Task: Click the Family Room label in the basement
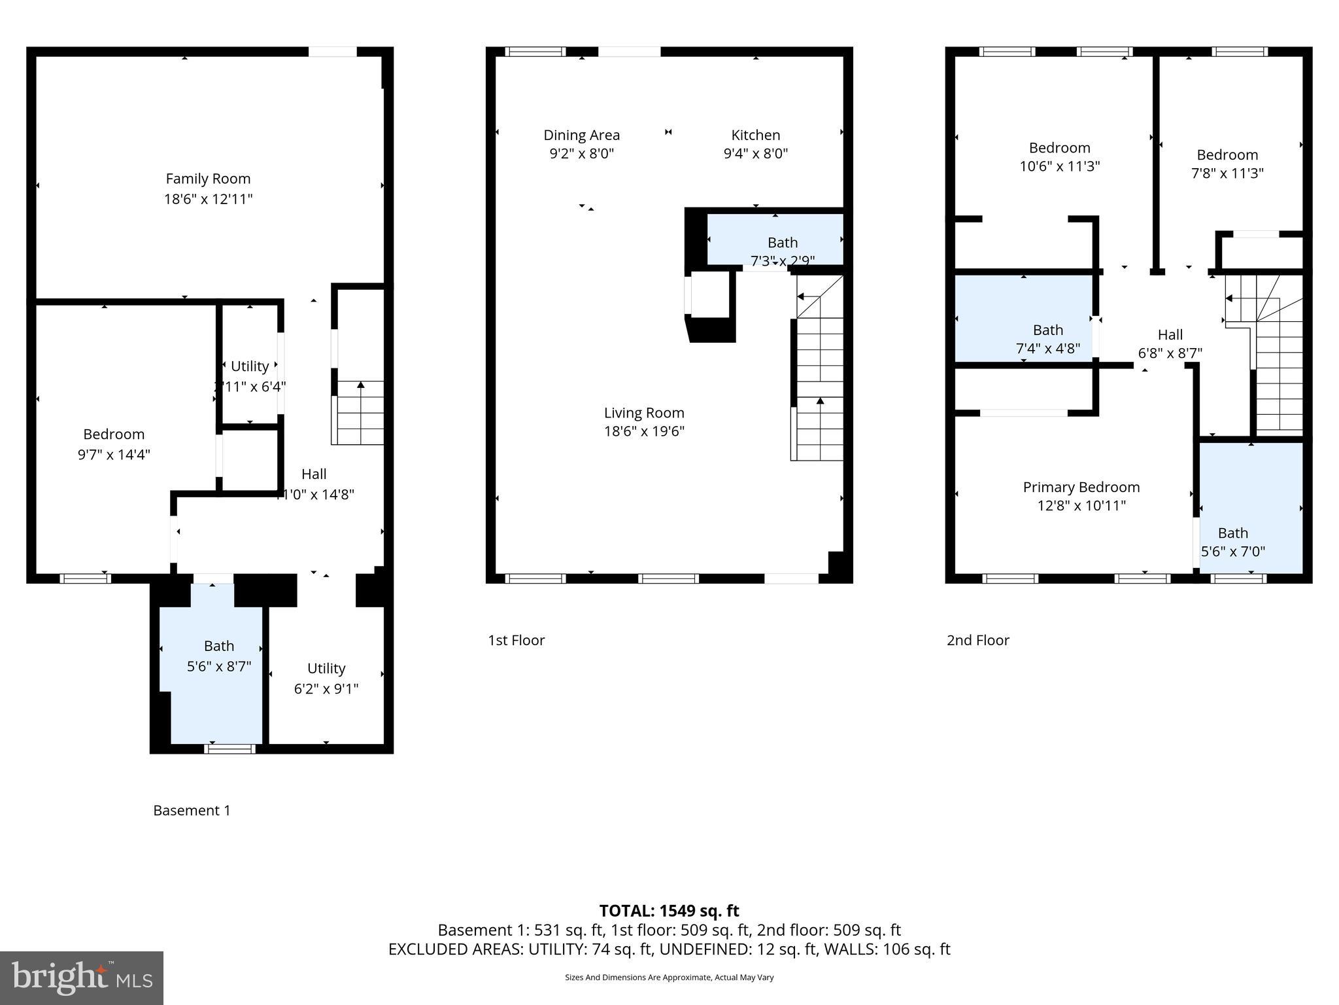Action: [x=208, y=179]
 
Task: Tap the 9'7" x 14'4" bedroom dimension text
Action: [x=114, y=454]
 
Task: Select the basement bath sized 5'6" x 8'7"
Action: [x=218, y=656]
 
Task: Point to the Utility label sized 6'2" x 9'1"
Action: [x=326, y=669]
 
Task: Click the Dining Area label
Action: [x=581, y=135]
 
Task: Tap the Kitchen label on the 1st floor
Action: [x=755, y=135]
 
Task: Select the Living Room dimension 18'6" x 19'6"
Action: [x=644, y=431]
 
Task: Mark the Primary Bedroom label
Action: [x=1081, y=487]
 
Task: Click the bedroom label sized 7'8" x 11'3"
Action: [x=1227, y=155]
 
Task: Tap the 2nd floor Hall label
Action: [x=1170, y=335]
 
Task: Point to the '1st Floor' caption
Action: [x=516, y=640]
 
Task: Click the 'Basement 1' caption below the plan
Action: [x=192, y=810]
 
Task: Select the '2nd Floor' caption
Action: [x=977, y=640]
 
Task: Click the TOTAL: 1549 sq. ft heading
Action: [x=669, y=910]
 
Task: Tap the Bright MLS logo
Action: [x=82, y=978]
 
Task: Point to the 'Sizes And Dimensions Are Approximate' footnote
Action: [x=669, y=978]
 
